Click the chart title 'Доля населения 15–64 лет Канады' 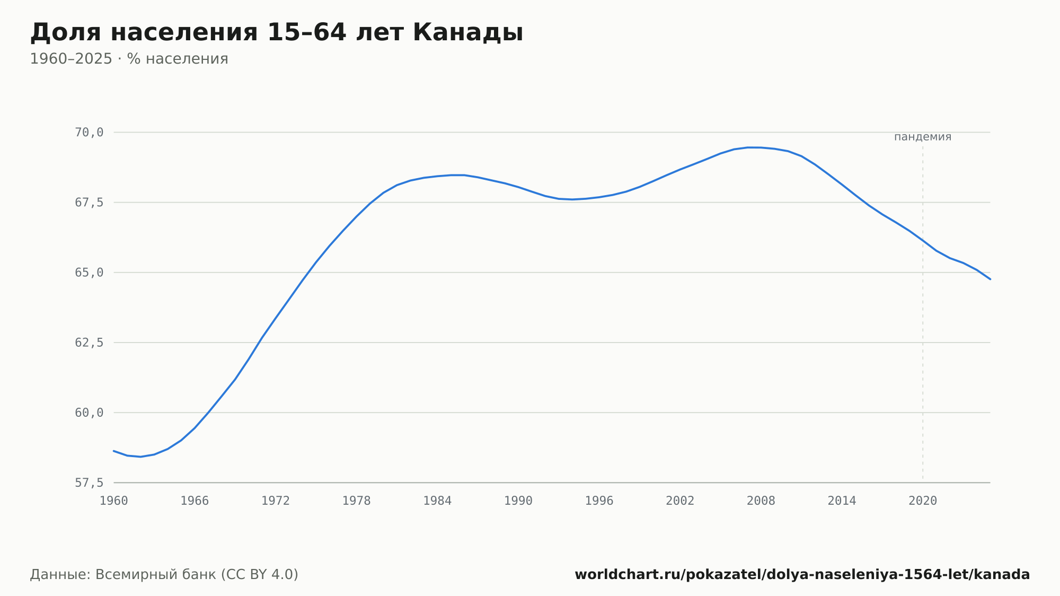(x=277, y=32)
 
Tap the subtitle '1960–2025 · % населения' (x=129, y=59)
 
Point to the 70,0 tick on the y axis (x=89, y=133)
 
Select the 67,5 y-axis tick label (x=89, y=203)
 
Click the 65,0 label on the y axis (x=89, y=273)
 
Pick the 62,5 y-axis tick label (x=89, y=343)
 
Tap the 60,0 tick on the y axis (x=89, y=413)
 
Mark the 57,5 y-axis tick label (x=89, y=483)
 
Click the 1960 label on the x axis (x=114, y=501)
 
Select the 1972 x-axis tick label (x=276, y=501)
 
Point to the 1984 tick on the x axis (x=437, y=501)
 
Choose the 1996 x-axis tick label (x=599, y=501)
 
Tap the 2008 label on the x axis (x=761, y=501)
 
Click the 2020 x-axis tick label (x=923, y=501)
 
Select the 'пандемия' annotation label (x=923, y=137)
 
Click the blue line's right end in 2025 (x=990, y=279)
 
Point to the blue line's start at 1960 (x=114, y=451)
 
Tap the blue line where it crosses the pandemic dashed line (x=923, y=240)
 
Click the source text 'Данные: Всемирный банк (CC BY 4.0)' (x=164, y=575)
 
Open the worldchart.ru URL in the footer (x=802, y=575)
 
